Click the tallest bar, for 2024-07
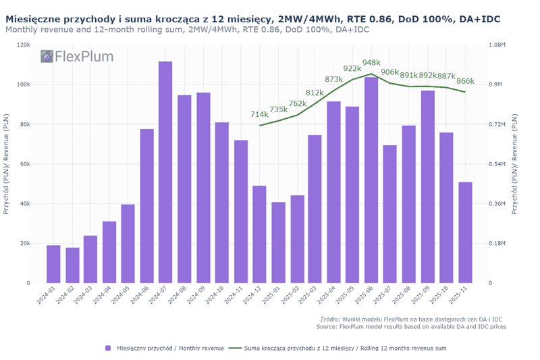(x=165, y=172)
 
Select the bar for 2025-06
(x=371, y=180)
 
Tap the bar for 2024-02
(x=72, y=265)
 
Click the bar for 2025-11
(x=465, y=232)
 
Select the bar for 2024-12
(x=259, y=234)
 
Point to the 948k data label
(x=372, y=63)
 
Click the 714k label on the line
(x=259, y=115)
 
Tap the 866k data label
(x=465, y=81)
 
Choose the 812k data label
(x=315, y=93)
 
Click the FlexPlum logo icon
(x=47, y=57)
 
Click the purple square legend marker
(x=107, y=348)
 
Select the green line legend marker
(x=235, y=348)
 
